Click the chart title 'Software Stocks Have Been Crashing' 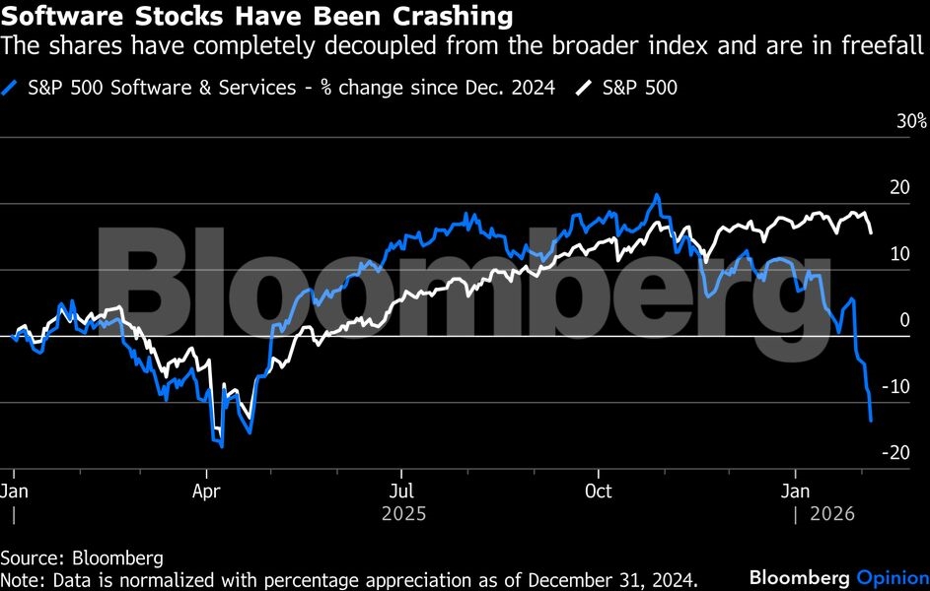coord(259,17)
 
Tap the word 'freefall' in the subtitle coord(886,45)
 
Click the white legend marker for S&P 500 coord(583,88)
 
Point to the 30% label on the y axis coord(910,122)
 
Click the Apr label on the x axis coord(206,491)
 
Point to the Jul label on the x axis coord(401,491)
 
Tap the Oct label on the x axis coord(598,491)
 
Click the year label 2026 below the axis coord(832,513)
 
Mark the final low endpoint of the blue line coord(871,421)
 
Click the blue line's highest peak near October coord(656,195)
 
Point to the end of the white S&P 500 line coord(871,232)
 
